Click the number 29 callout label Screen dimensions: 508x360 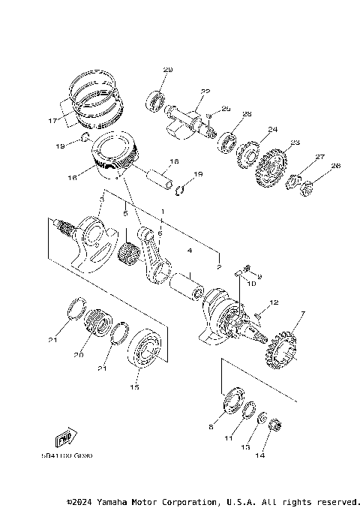point(167,70)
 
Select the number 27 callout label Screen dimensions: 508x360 point(320,157)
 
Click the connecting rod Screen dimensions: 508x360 point(155,259)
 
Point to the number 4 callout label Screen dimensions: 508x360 point(190,249)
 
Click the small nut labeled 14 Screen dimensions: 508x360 point(274,425)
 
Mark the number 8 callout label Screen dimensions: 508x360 point(211,426)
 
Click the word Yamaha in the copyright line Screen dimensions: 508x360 point(121,501)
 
